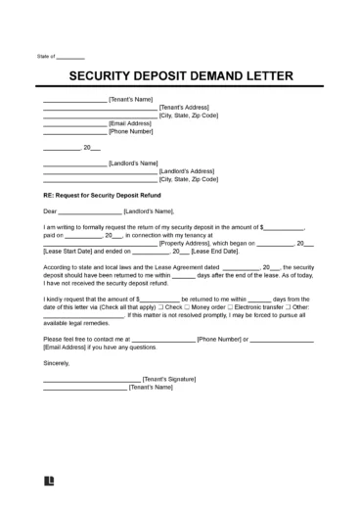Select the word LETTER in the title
(268, 77)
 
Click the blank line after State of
(72, 58)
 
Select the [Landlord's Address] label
(189, 171)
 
